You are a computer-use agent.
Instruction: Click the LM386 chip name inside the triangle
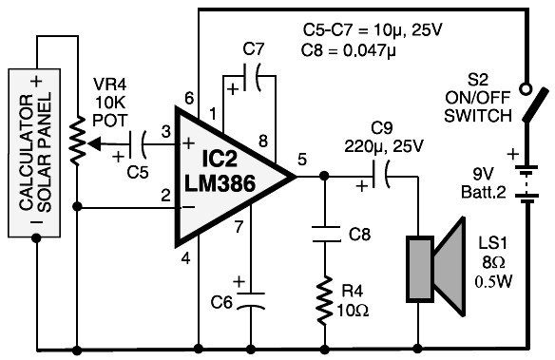[x=220, y=183]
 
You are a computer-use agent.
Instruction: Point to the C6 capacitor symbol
[x=251, y=300]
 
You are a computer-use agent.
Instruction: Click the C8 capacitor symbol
[x=326, y=235]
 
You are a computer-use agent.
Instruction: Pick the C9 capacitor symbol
[x=380, y=175]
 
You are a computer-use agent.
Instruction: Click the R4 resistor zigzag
[x=325, y=300]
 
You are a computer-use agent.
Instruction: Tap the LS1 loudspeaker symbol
[x=435, y=266]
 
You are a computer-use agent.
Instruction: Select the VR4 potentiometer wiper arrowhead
[x=94, y=143]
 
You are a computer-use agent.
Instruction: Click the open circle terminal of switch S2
[x=526, y=88]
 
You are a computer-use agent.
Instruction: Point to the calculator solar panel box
[x=34, y=152]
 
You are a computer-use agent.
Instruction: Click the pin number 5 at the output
[x=302, y=160]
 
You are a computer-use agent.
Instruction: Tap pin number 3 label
[x=166, y=132]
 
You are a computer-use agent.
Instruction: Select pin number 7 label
[x=239, y=227]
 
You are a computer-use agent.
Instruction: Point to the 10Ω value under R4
[x=353, y=311]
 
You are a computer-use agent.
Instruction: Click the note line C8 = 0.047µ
[x=349, y=50]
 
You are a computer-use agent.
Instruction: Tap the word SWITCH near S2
[x=478, y=116]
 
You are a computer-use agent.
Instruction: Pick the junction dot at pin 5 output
[x=324, y=176]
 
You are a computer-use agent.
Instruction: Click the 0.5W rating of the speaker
[x=493, y=281]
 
